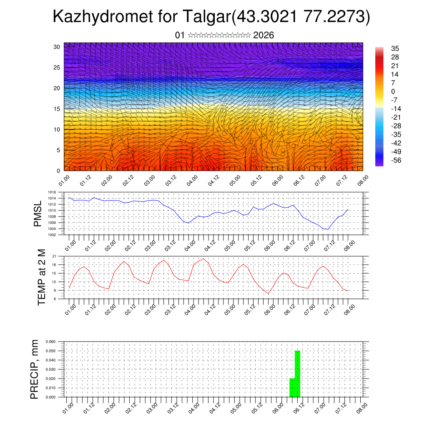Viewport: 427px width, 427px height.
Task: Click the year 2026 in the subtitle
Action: point(264,35)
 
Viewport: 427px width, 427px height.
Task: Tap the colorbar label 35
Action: point(395,48)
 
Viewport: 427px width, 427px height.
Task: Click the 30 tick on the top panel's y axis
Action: point(57,47)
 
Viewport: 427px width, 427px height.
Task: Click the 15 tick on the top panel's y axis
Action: point(57,109)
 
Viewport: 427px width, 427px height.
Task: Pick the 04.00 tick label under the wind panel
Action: point(193,182)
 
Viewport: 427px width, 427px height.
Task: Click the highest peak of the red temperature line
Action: point(203,259)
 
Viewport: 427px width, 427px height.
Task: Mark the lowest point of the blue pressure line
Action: point(328,229)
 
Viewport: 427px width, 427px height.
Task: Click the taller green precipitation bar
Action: point(297,374)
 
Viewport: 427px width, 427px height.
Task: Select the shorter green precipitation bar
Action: point(292,387)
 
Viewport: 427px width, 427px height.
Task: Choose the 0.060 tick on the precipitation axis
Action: point(50,342)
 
